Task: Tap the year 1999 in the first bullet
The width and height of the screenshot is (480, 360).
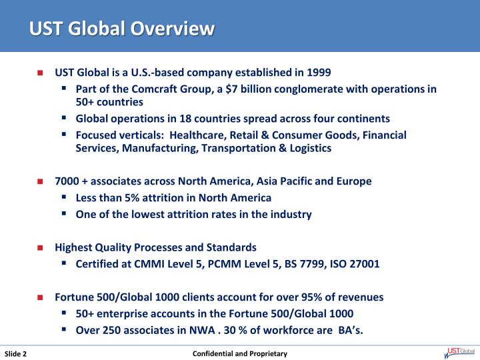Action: (x=318, y=71)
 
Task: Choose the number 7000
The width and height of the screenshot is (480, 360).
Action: (x=67, y=181)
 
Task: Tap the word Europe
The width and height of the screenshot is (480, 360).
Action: (x=355, y=181)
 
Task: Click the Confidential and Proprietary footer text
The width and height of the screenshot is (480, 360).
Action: (x=240, y=353)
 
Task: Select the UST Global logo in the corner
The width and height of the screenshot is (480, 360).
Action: (x=459, y=353)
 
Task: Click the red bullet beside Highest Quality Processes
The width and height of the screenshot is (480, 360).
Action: (x=41, y=247)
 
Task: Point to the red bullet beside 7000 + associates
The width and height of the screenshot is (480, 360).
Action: (x=41, y=181)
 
